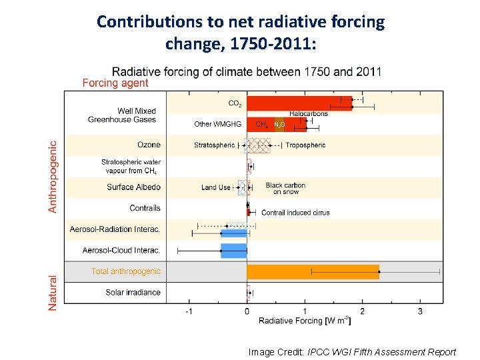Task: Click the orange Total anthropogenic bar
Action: tap(313, 271)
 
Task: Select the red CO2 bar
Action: tap(299, 103)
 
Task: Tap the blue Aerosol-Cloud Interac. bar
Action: tap(234, 251)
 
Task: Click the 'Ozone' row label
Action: tap(149, 145)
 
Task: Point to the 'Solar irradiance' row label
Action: tap(133, 293)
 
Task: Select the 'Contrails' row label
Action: tap(145, 208)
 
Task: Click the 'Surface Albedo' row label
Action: tap(133, 187)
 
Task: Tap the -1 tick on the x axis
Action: tap(189, 311)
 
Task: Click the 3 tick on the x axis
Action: tap(420, 311)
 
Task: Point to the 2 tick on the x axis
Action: tap(362, 311)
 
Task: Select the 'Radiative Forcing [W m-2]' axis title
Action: tap(305, 321)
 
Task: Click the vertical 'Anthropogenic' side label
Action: tap(53, 176)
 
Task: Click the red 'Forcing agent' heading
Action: tap(115, 83)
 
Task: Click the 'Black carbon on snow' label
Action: tap(285, 189)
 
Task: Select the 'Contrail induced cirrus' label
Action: tap(295, 213)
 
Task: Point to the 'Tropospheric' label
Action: tap(305, 145)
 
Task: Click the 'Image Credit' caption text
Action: tap(352, 352)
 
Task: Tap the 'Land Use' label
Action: tap(215, 187)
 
